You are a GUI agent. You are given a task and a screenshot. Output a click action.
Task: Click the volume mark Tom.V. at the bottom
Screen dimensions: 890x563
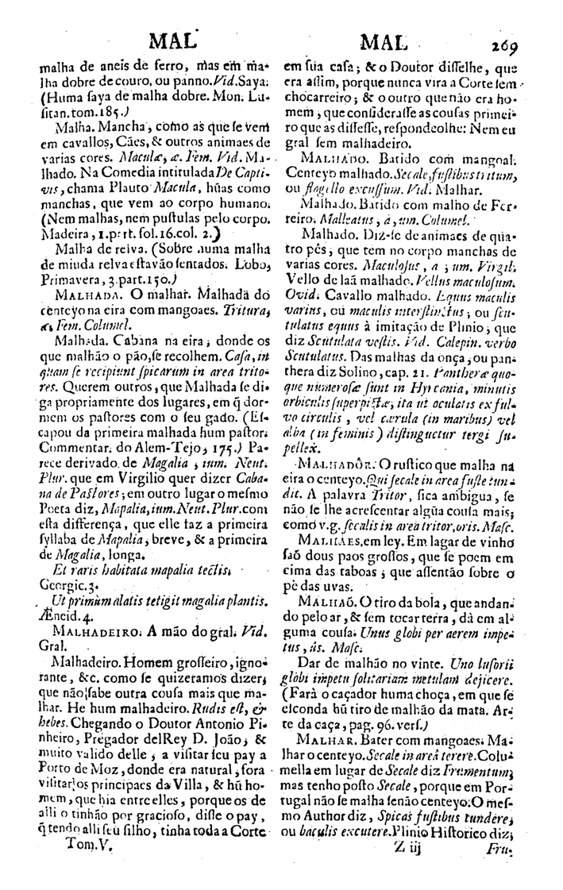[87, 864]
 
